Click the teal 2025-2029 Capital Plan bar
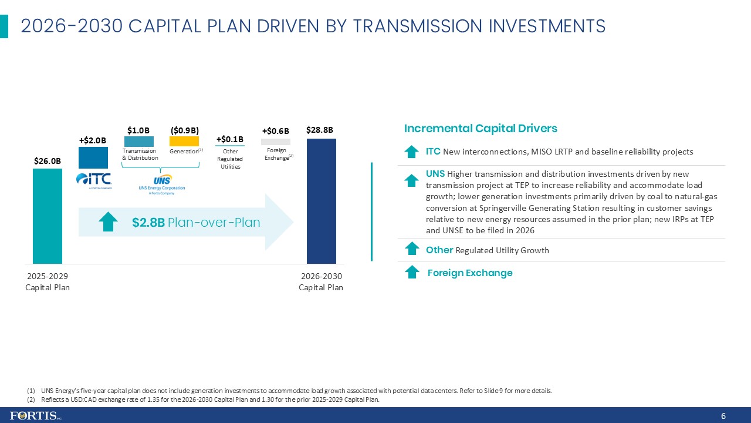point(47,216)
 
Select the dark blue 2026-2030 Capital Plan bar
point(321,201)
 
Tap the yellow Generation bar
point(184,142)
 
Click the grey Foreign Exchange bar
point(275,142)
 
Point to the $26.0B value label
point(47,160)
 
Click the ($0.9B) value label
point(184,130)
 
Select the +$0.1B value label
point(230,139)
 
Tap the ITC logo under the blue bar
point(93,180)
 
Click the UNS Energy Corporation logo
point(161,184)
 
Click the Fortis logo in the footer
point(36,416)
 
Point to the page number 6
point(723,416)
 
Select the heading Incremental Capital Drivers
point(481,128)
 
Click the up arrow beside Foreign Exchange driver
point(412,273)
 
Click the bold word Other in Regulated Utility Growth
point(439,250)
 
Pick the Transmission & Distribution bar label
point(140,155)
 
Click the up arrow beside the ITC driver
point(412,152)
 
